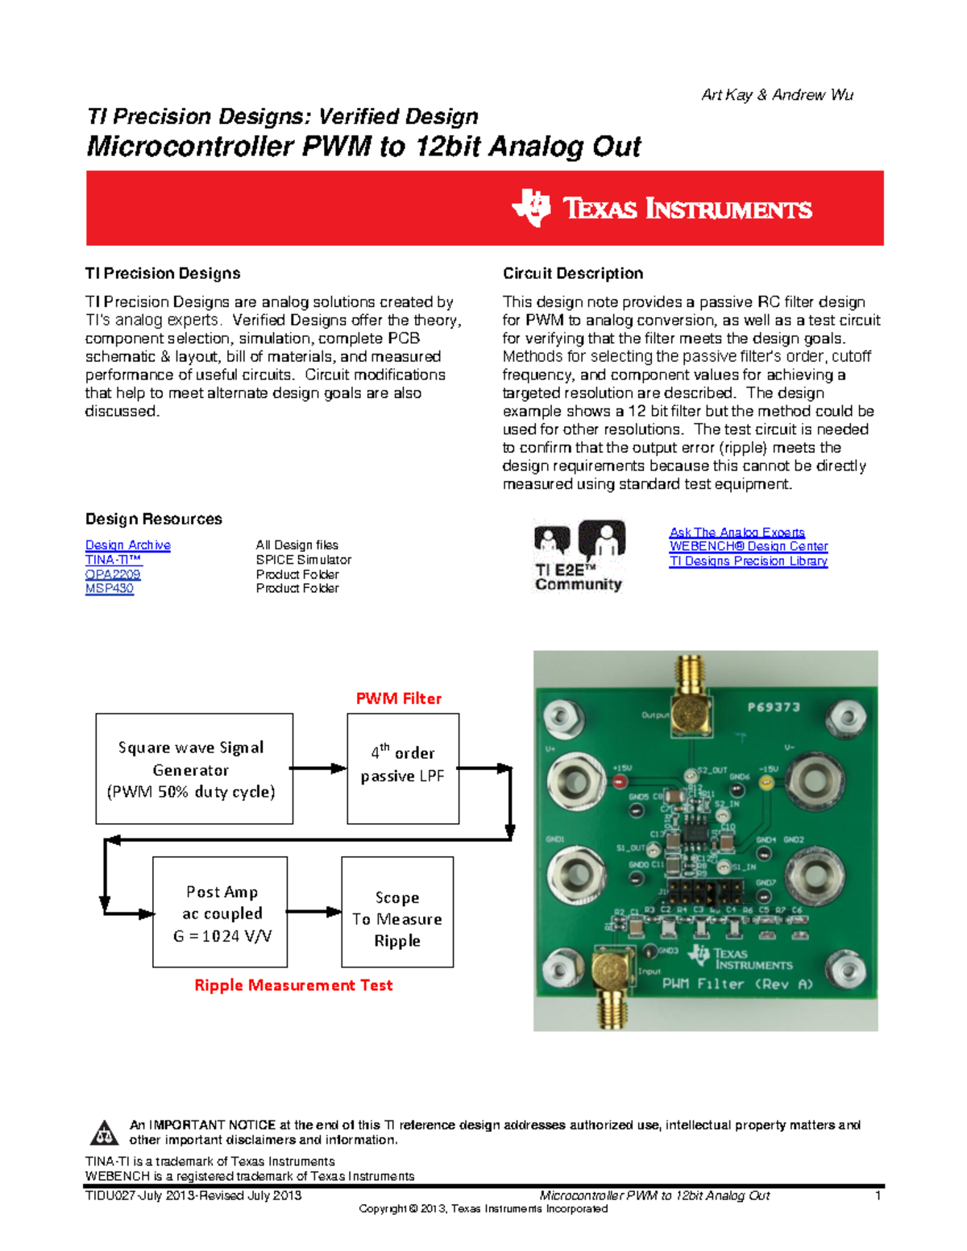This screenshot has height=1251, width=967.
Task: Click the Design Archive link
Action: coord(127,545)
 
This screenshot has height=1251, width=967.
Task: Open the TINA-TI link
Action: coord(113,560)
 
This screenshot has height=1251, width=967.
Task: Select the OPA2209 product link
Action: coord(112,574)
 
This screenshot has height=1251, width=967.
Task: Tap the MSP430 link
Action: coord(109,589)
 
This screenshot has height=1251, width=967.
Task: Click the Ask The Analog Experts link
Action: coord(737,532)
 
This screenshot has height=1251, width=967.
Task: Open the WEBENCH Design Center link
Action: coord(748,546)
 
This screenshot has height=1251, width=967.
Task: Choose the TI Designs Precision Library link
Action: coord(748,561)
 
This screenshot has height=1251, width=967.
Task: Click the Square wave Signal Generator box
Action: coord(193,768)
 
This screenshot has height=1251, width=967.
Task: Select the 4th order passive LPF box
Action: coord(403,768)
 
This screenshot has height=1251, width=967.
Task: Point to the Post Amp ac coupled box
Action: coord(220,912)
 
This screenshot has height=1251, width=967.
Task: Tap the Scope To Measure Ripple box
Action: coord(397,912)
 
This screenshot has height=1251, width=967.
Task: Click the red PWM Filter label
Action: coord(399,698)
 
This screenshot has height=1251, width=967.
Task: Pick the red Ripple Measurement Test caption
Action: coord(293,985)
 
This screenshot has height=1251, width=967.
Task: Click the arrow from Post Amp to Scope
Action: coord(314,912)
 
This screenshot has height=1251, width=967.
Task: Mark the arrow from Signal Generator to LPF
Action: coord(319,768)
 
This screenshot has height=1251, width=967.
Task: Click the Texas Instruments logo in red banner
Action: coord(662,209)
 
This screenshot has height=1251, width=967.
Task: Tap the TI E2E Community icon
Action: coord(579,556)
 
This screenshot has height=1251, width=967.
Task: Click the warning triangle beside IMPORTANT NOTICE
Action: coord(103,1133)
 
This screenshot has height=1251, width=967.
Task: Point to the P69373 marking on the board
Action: coord(773,707)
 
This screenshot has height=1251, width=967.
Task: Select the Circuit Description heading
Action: coord(573,274)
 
